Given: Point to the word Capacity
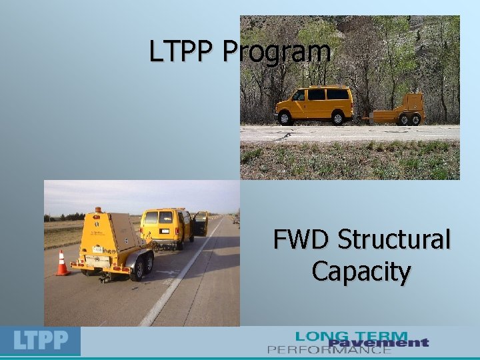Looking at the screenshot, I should (x=361, y=272).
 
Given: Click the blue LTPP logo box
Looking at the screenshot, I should (x=41, y=341).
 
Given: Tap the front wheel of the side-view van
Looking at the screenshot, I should (x=285, y=117).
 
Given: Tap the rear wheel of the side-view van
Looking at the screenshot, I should (x=338, y=117).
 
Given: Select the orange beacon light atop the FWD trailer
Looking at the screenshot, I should (x=99, y=210).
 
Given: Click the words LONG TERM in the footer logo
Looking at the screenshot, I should (x=351, y=335).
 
